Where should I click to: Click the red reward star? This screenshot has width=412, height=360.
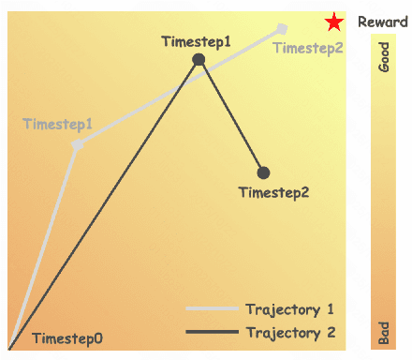click(x=333, y=22)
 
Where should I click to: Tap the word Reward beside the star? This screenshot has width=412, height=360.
click(x=382, y=22)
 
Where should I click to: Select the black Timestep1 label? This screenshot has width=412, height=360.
click(x=196, y=41)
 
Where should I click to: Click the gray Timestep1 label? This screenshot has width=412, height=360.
click(x=57, y=124)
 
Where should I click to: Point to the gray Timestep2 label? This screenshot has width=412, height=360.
click(x=309, y=49)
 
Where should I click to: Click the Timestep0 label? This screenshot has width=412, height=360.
click(x=67, y=338)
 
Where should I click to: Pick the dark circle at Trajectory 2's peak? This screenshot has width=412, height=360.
click(x=199, y=60)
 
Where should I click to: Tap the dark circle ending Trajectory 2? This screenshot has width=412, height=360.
click(x=263, y=172)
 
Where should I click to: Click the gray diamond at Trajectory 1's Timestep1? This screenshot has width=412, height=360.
click(x=77, y=144)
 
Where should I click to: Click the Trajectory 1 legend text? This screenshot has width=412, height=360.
click(x=289, y=308)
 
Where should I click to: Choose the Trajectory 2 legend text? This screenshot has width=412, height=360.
click(x=289, y=332)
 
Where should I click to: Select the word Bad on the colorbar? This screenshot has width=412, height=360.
click(x=383, y=332)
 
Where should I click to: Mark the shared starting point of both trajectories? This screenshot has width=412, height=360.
click(x=10, y=348)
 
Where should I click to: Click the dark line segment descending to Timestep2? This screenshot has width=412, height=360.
click(x=231, y=116)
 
